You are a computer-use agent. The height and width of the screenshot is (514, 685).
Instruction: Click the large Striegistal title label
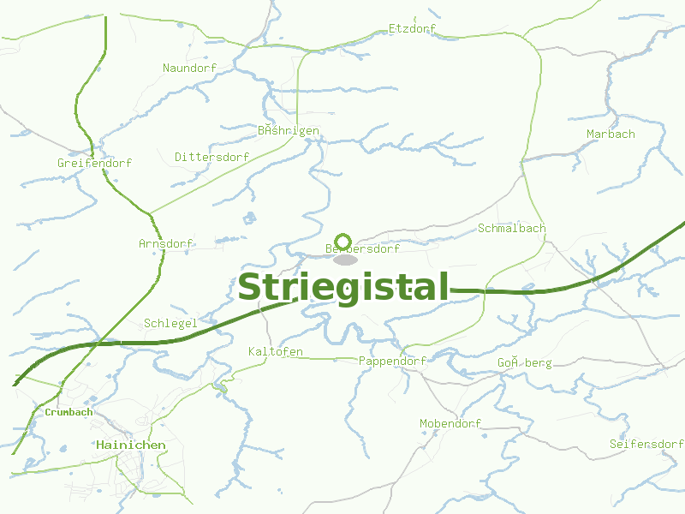342,288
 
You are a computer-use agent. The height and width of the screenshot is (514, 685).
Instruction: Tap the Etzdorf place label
412,29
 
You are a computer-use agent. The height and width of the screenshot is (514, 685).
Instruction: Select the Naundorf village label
189,68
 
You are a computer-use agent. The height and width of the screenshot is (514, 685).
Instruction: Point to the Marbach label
611,134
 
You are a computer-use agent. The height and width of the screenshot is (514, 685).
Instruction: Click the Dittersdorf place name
211,158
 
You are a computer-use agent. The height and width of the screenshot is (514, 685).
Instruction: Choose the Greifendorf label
94,163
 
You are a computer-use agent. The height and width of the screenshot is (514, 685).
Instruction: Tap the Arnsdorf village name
165,244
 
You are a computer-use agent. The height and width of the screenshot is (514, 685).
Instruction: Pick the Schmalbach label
511,229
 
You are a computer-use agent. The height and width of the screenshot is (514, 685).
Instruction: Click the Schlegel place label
170,323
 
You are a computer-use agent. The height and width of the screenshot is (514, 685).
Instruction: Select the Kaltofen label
275,352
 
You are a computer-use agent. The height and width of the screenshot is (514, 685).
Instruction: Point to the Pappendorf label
392,362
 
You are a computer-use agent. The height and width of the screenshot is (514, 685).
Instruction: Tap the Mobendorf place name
450,424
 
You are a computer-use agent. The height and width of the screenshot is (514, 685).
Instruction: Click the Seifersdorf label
646,444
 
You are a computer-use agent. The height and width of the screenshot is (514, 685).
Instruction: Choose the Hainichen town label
131,445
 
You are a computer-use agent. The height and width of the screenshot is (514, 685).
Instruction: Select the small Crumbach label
68,412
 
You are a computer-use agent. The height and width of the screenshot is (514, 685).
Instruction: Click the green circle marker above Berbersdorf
343,241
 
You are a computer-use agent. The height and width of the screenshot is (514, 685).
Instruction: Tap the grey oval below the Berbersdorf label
345,260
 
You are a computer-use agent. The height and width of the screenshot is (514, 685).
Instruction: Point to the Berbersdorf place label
363,249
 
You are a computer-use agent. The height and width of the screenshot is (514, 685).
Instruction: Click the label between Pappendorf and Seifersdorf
525,363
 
